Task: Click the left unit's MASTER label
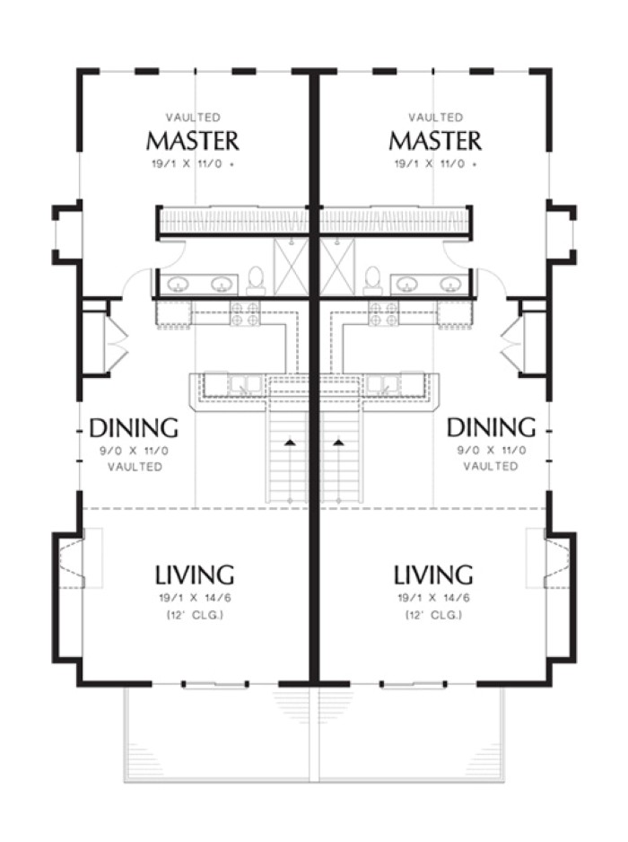pyautogui.click(x=192, y=141)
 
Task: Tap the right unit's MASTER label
pyautogui.click(x=435, y=141)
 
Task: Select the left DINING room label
pyautogui.click(x=134, y=428)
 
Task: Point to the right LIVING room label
pyautogui.click(x=433, y=574)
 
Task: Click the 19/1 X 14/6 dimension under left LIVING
pyautogui.click(x=195, y=598)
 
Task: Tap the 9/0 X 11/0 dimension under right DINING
pyautogui.click(x=491, y=451)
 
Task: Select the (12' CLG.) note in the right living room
pyautogui.click(x=433, y=616)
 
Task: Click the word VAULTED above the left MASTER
pyautogui.click(x=193, y=117)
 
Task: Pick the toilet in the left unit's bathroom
pyautogui.click(x=256, y=281)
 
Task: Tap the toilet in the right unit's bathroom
pyautogui.click(x=372, y=281)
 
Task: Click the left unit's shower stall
pyautogui.click(x=291, y=268)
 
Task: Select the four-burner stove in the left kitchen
pyautogui.click(x=245, y=313)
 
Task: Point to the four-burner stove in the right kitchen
pyautogui.click(x=383, y=313)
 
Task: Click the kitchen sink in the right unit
pyautogui.click(x=382, y=384)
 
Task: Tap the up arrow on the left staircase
pyautogui.click(x=290, y=443)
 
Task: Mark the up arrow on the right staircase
pyautogui.click(x=338, y=443)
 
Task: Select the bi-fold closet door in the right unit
pyautogui.click(x=510, y=339)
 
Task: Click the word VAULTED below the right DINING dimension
pyautogui.click(x=491, y=466)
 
